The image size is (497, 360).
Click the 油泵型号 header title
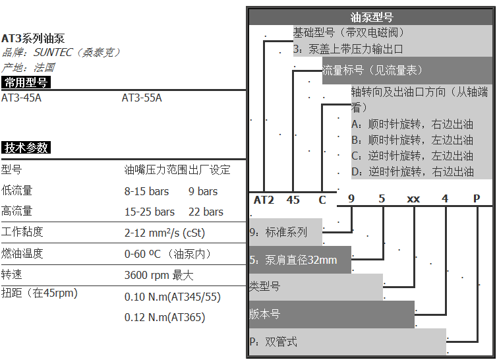pos(372,17)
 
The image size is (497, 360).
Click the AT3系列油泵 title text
pos(33,38)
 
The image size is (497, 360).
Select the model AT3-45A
pos(21,98)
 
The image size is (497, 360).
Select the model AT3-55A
pos(142,98)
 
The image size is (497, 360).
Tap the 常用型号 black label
pos(26,82)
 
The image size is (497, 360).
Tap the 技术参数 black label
pos(26,148)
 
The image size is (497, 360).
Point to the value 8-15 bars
pos(146,191)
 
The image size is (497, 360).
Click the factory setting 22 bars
pos(206,212)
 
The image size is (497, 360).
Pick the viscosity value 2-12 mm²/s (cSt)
pos(165,233)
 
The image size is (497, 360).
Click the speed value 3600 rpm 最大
pos(159,275)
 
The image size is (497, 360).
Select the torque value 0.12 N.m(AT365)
pos(165,317)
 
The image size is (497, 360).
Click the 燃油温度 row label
pos(22,253)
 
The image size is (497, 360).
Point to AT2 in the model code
pos(264,200)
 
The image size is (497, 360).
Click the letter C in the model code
pos(322,200)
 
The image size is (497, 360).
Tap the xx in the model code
pos(413,199)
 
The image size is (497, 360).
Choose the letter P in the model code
pos(477,198)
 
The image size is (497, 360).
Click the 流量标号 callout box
pos(407,71)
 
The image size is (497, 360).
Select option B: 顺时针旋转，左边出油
pos(413,140)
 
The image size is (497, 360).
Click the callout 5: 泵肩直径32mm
pos(300,260)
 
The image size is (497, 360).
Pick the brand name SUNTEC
pos(53,52)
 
